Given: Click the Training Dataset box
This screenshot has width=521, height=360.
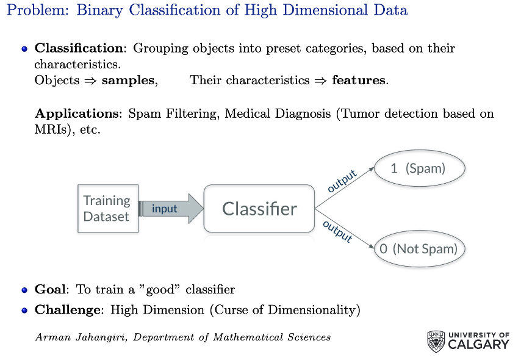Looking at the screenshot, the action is [x=108, y=209].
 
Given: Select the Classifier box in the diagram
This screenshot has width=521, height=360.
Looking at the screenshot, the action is [x=259, y=209].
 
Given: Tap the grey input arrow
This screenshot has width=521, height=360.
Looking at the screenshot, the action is [x=171, y=209].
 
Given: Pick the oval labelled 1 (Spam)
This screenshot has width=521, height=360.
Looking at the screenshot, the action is [x=420, y=168].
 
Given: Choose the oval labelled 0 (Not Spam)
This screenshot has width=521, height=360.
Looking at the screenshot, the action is [x=420, y=248].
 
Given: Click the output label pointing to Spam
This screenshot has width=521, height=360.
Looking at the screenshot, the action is [x=342, y=181].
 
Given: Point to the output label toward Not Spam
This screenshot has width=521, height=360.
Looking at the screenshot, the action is [x=337, y=231].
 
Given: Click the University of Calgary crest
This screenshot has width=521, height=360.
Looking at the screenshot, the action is [x=436, y=341].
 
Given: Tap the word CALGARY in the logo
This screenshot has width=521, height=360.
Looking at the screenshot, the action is [x=478, y=344].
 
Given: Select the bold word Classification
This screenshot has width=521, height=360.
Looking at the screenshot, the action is [x=79, y=48].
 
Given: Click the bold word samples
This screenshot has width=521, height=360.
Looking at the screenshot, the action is [x=128, y=81].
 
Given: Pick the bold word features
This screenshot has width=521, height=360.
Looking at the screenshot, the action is [x=359, y=80].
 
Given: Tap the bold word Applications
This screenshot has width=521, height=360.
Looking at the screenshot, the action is [x=77, y=113].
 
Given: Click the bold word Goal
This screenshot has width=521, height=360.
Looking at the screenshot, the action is [x=50, y=289].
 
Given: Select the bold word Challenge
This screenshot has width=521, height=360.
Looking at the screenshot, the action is [x=68, y=310].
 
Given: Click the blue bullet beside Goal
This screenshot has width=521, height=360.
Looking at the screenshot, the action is [x=24, y=290].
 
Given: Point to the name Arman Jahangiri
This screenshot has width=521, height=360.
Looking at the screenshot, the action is [x=81, y=337].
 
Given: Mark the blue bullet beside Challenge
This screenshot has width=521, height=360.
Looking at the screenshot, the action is [x=24, y=311].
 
